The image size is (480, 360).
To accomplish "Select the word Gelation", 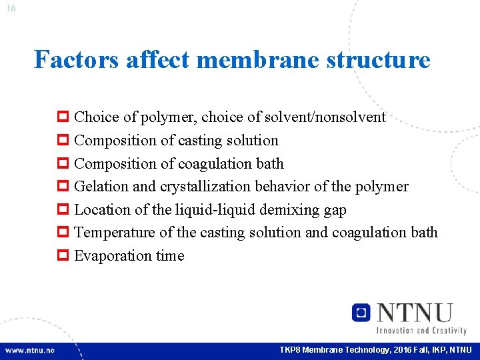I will point(101,187).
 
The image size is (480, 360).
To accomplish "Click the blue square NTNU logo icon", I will point(361,313).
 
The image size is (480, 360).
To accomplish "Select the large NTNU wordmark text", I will point(415,313).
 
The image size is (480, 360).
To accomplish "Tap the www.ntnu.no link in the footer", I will point(30,351).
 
